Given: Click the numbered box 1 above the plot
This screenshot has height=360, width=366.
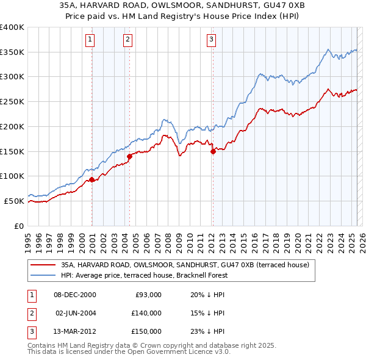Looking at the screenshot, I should pos(90,40).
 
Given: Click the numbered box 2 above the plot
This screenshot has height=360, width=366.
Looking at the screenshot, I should pos(127,40).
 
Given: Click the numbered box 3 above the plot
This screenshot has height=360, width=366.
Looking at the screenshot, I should pos(211,40).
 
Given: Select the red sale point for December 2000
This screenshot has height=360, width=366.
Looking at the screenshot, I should pos(91,179).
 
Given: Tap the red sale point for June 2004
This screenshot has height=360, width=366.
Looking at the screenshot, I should pos(129,156).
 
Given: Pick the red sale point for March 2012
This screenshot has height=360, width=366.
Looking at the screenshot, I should pos(213,151).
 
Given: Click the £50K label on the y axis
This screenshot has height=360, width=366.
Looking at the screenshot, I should pos(14,201).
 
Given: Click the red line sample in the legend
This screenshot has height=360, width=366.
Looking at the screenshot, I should pos(44,265).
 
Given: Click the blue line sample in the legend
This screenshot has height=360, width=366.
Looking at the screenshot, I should pos(44,275).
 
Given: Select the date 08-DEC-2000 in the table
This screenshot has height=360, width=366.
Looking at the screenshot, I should pos(75,294).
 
